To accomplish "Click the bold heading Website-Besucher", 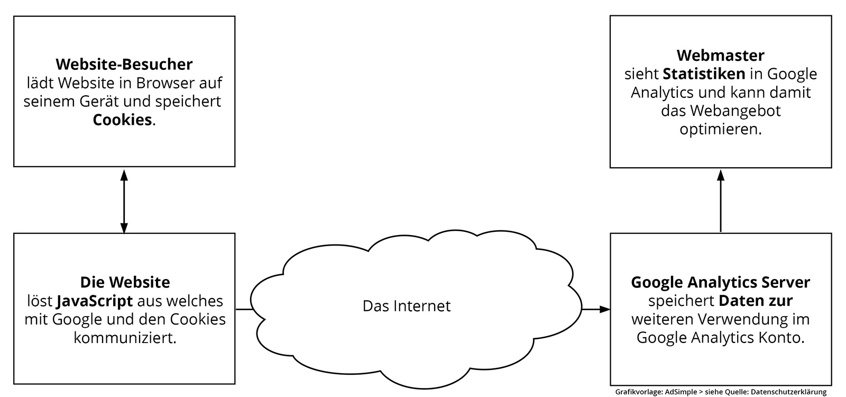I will [124, 65].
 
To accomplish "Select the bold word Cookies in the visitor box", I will [122, 120].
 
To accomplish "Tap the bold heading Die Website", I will [125, 282].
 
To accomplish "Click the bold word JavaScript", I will [94, 301].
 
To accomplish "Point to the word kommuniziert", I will [124, 338].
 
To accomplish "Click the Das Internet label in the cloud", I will [406, 306].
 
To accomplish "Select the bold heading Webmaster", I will [720, 56].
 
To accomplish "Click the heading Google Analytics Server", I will [720, 283].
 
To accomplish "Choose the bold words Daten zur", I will [755, 301].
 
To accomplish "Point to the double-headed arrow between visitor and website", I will [124, 201].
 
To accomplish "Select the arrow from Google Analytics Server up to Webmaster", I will [720, 201].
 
